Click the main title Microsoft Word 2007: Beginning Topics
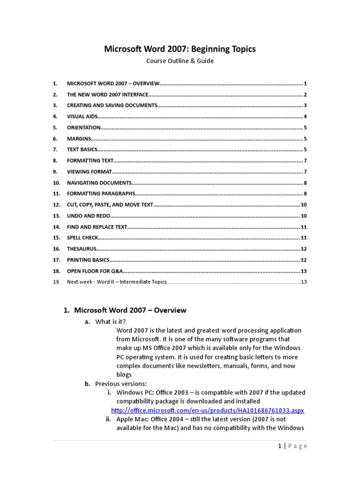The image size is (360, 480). click(x=180, y=49)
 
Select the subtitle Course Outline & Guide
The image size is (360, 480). click(x=180, y=61)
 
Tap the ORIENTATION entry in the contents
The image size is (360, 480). click(x=84, y=127)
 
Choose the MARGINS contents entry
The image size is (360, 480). click(x=78, y=139)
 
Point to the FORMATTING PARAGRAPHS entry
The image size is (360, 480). click(x=101, y=194)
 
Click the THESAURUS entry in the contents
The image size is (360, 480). click(x=82, y=249)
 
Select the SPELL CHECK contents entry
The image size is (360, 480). click(x=82, y=238)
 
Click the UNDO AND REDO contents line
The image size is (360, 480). click(x=89, y=216)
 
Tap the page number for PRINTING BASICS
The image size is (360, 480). click(x=304, y=260)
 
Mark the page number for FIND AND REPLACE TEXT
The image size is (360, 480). click(x=304, y=227)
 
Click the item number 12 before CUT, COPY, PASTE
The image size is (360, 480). click(x=57, y=205)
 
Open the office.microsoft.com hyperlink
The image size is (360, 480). click(x=210, y=410)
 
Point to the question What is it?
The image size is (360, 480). click(x=111, y=322)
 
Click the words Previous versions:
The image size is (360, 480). click(x=121, y=383)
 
